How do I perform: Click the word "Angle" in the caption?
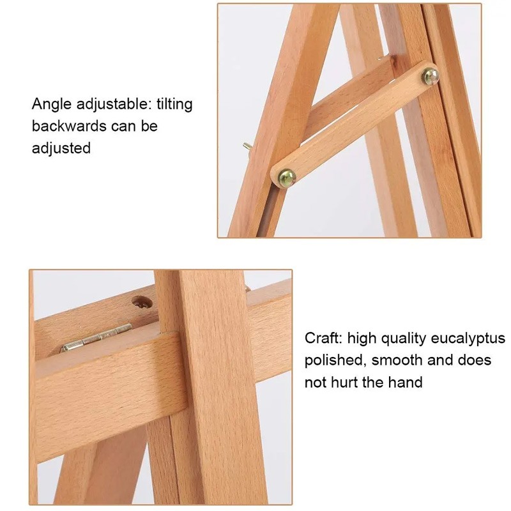pyautogui.click(x=52, y=105)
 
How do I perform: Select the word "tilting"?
pyautogui.click(x=174, y=104)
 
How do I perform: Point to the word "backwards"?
pyautogui.click(x=69, y=126)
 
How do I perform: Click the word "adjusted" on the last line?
pyautogui.click(x=61, y=148)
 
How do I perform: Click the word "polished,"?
pyautogui.click(x=334, y=361)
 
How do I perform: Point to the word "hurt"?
pyautogui.click(x=344, y=382)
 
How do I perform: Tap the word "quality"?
pyautogui.click(x=404, y=339)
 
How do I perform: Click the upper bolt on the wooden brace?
pyautogui.click(x=430, y=77)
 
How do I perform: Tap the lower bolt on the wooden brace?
pyautogui.click(x=286, y=178)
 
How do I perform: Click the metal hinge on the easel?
pyautogui.click(x=96, y=337)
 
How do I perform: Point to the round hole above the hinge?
pyautogui.click(x=142, y=303)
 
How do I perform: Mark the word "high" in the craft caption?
pyautogui.click(x=362, y=339)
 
